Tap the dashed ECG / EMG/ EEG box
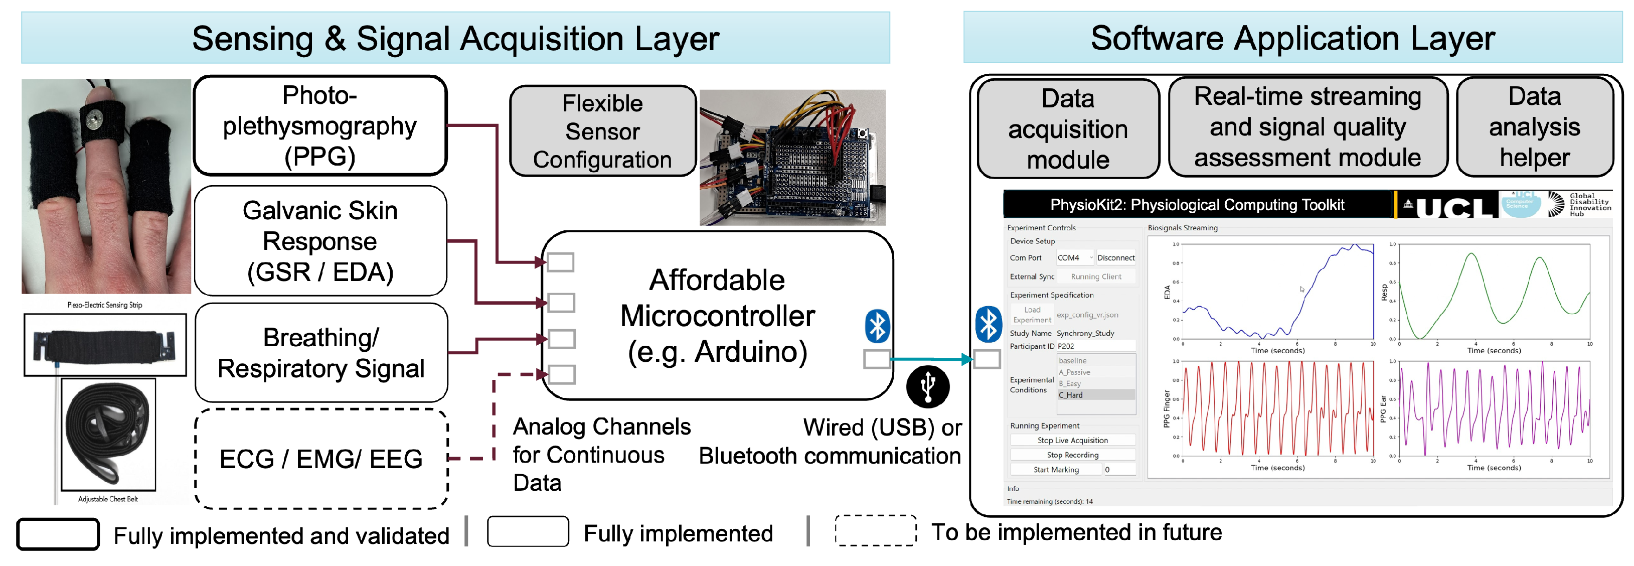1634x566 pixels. pyautogui.click(x=321, y=459)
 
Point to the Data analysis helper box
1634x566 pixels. pyautogui.click(x=1534, y=127)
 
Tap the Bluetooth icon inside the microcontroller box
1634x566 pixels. pyautogui.click(x=877, y=326)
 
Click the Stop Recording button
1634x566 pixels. pyautogui.click(x=1072, y=455)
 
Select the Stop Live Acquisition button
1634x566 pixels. pyautogui.click(x=1072, y=441)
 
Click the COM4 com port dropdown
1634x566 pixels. pyautogui.click(x=1074, y=257)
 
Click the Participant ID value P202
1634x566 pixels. pyautogui.click(x=1066, y=346)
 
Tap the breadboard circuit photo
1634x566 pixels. pyautogui.click(x=792, y=158)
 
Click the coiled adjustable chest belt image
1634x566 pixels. pyautogui.click(x=108, y=435)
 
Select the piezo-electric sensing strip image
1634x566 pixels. pyautogui.click(x=105, y=345)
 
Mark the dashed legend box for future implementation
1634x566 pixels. pyautogui.click(x=875, y=530)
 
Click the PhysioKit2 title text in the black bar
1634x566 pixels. pyautogui.click(x=1197, y=205)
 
